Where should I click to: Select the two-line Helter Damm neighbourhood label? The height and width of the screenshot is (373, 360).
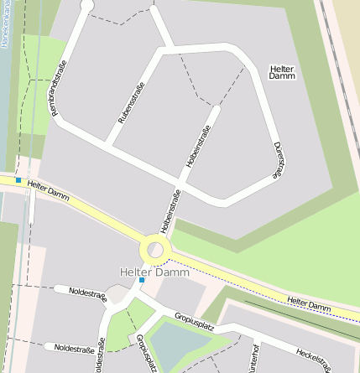(283, 71)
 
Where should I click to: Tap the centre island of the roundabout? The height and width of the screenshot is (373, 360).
(155, 249)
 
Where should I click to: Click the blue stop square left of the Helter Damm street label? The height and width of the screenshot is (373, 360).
(18, 179)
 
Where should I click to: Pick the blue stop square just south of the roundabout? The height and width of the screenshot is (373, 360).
(142, 280)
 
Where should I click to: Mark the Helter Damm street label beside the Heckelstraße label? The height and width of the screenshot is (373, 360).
(309, 305)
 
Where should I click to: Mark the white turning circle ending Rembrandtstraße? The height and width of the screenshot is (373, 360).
(86, 5)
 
